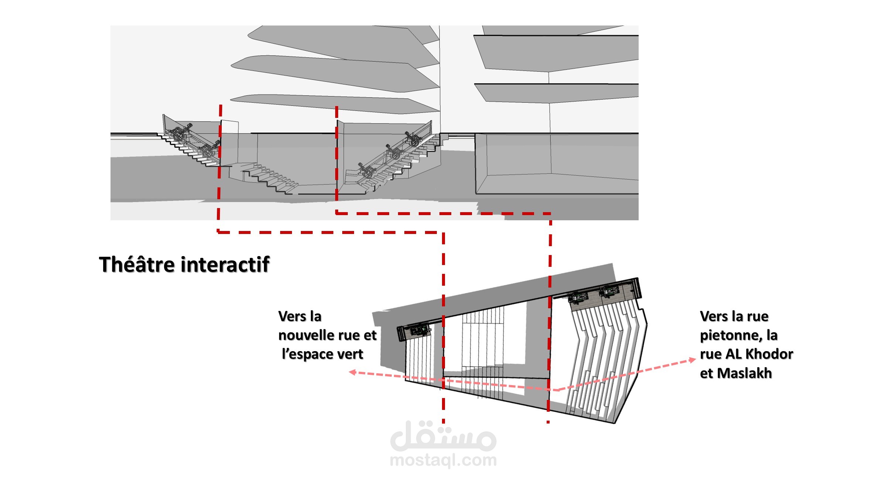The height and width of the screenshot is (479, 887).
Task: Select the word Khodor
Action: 770,354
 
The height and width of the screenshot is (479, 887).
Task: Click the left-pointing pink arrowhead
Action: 353,372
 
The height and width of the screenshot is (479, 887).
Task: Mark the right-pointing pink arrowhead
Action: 692,360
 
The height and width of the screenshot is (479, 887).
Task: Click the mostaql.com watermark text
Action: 443,461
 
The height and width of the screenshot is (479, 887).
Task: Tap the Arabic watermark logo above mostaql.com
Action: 443,436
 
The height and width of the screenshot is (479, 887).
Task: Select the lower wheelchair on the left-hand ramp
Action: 209,149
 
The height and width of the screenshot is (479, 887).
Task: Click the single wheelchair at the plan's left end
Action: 418,330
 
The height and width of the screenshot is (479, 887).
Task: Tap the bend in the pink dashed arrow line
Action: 557,390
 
